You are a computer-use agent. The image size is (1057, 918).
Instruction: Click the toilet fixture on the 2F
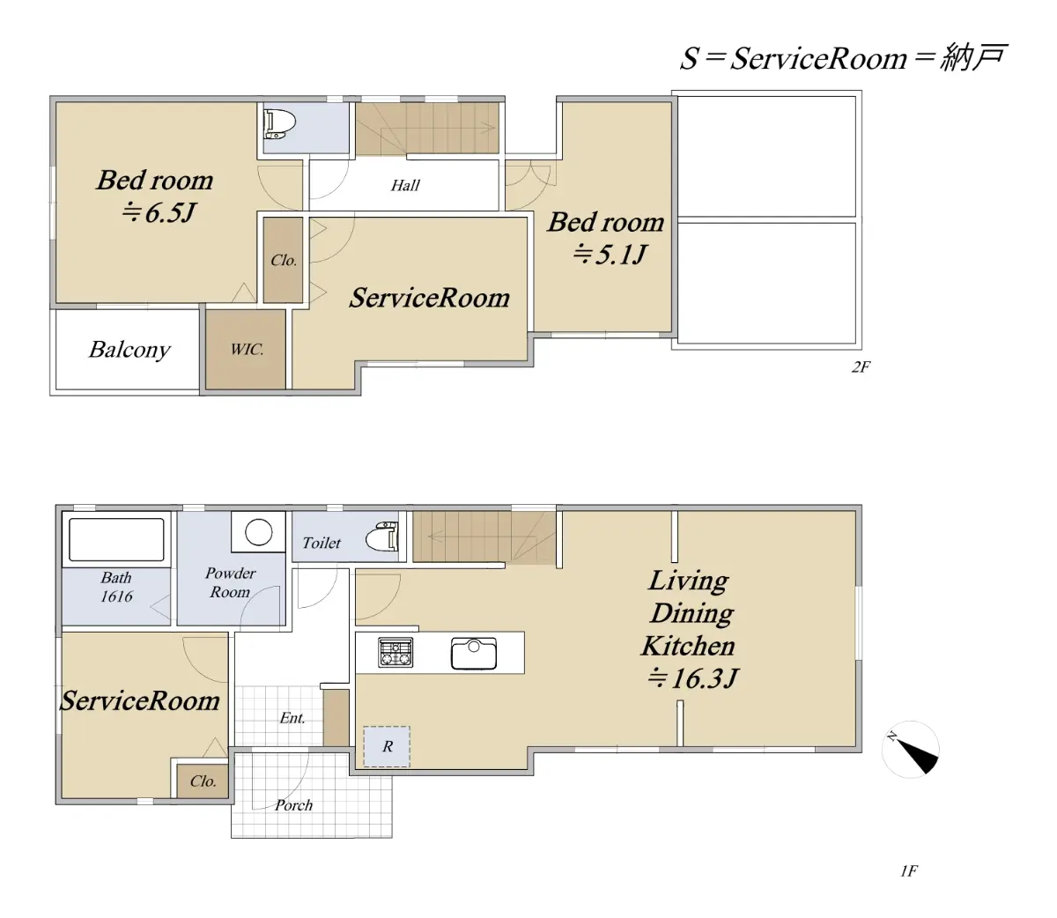(279, 124)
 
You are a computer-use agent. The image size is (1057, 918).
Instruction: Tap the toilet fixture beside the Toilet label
(382, 536)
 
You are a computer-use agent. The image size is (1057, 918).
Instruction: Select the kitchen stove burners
(395, 653)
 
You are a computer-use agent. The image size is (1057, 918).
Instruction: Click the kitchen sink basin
(474, 654)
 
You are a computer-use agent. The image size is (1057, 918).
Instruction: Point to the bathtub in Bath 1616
(116, 539)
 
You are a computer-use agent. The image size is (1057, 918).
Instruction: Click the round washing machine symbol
(258, 531)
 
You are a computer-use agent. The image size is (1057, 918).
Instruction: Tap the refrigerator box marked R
(387, 746)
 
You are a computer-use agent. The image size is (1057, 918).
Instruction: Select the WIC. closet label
(247, 350)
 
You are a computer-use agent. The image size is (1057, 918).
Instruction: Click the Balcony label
(129, 350)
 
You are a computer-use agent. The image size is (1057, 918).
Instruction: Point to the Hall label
(405, 185)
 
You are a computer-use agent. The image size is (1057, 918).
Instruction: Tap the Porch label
(293, 805)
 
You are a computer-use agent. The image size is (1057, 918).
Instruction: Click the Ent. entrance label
(292, 718)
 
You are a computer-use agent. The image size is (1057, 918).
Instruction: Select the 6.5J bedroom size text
(159, 212)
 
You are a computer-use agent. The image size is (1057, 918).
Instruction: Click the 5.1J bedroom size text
(610, 254)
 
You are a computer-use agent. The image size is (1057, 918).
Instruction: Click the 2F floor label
(861, 366)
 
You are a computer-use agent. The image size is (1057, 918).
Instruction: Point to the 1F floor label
(909, 871)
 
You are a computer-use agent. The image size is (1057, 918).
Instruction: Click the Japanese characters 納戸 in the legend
(973, 57)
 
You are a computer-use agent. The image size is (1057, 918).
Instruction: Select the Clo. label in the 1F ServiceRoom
(203, 781)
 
